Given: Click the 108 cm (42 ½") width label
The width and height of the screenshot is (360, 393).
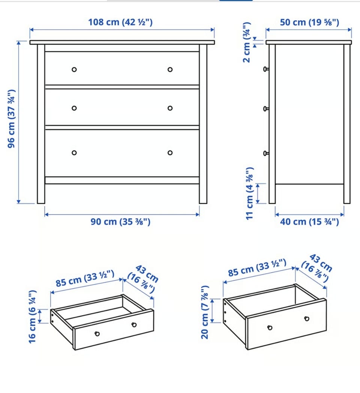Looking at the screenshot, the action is (x=120, y=22).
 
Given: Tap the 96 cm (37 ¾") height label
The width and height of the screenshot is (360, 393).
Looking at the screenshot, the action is (x=11, y=118).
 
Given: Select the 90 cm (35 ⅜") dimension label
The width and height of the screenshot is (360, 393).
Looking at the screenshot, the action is (x=120, y=222).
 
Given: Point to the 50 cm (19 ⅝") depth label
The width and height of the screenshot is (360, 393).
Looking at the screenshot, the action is (x=309, y=22).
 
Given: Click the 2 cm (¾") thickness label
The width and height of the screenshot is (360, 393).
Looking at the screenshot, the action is (x=247, y=42).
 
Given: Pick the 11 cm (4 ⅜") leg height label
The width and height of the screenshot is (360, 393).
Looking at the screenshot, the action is (x=250, y=193).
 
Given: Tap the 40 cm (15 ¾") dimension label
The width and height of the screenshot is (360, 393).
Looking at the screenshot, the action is (x=309, y=222).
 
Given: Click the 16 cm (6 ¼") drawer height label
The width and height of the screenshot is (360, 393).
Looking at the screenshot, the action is (x=32, y=317).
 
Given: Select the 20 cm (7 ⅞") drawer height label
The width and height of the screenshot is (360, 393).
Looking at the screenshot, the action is (x=205, y=312).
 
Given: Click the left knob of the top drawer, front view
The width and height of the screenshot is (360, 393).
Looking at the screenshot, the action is (x=74, y=69).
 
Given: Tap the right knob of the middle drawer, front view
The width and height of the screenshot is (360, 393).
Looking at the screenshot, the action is (x=170, y=108).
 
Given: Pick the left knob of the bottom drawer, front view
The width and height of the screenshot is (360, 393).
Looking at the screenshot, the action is (x=74, y=153).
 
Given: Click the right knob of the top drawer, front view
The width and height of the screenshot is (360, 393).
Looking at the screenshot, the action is (x=170, y=69).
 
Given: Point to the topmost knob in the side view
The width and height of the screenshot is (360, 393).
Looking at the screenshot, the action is (x=266, y=69).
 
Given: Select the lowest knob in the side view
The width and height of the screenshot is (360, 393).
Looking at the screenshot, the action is (x=266, y=153).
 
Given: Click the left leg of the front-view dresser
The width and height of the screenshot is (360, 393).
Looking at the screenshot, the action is (x=41, y=124).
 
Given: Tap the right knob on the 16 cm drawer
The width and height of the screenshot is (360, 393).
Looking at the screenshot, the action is (x=134, y=325).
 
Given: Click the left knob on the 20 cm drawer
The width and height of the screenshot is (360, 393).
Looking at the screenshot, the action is (x=270, y=328).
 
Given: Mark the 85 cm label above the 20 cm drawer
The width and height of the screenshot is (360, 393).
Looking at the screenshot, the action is (x=257, y=268).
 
